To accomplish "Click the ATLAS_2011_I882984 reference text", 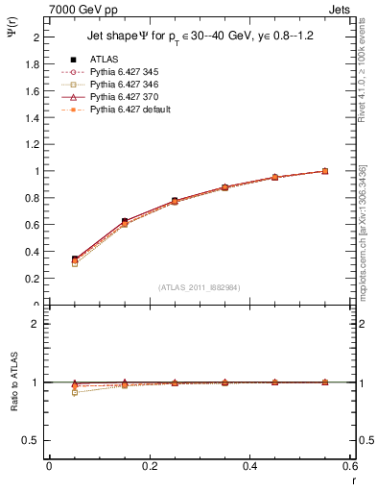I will [x=200, y=286].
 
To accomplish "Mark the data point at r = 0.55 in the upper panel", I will [x=325, y=171].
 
